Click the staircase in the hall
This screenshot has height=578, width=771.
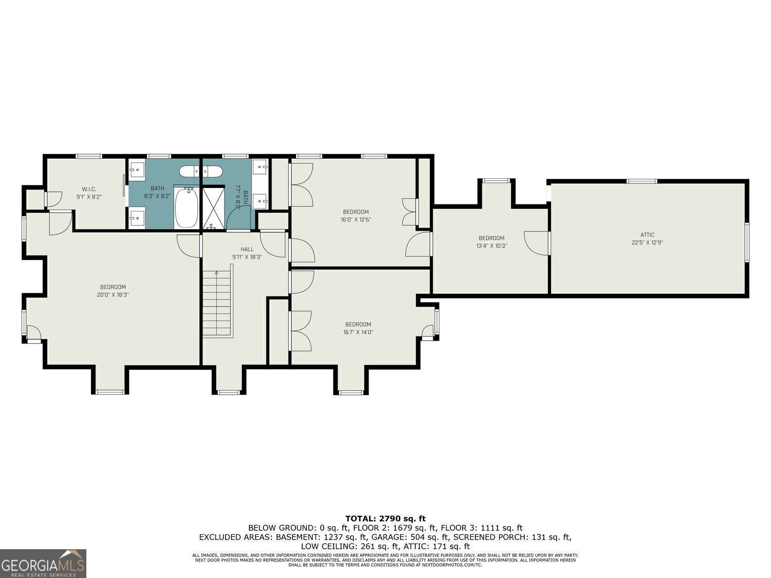click(217, 304)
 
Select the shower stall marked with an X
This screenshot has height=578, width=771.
click(213, 209)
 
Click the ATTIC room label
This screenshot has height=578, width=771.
click(647, 235)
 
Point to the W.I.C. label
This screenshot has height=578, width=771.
click(89, 189)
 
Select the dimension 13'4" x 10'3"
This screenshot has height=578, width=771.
click(491, 246)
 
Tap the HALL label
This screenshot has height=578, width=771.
click(247, 249)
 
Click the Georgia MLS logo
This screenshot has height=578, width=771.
click(43, 564)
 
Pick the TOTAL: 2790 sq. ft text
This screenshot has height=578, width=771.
click(385, 518)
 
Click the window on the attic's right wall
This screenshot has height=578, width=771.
click(747, 242)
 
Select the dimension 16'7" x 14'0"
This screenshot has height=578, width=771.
click(358, 332)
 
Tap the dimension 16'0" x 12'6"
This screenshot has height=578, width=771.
click(356, 219)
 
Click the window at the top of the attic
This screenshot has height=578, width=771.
click(641, 181)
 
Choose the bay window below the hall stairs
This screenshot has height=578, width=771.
click(228, 392)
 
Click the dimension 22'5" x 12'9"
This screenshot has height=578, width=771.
click(647, 243)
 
